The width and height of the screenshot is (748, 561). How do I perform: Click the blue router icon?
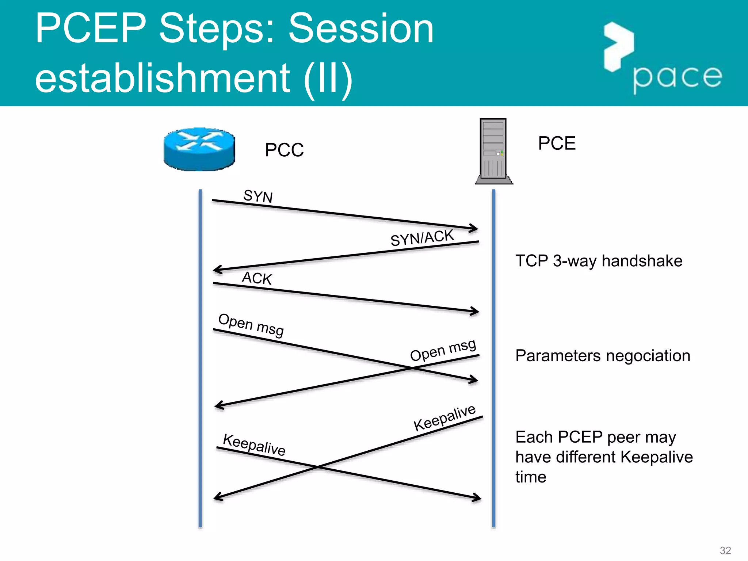point(199,149)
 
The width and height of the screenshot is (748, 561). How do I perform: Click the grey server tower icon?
point(493,150)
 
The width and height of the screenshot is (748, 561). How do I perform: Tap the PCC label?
point(284,150)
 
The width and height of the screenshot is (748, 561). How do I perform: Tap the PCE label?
point(557,143)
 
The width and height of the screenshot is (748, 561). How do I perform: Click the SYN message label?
point(258,196)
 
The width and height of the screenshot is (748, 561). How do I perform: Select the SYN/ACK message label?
point(422,238)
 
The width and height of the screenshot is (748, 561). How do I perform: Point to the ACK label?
point(257,278)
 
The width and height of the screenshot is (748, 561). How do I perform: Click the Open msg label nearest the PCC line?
point(251,325)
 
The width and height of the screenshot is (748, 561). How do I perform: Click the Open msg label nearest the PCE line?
point(443,350)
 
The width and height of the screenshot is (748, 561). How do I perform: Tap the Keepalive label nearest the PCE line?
point(444,418)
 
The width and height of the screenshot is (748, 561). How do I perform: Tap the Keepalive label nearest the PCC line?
point(254,444)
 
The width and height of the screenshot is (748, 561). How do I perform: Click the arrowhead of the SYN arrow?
point(476,229)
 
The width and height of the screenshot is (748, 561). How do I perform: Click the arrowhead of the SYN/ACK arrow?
point(215,270)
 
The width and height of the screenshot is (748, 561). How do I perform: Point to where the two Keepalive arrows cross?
point(317,467)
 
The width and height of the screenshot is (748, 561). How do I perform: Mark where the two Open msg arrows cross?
point(412,369)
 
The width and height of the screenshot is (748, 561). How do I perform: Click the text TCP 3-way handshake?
point(599,261)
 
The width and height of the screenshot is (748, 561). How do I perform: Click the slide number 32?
point(725,550)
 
